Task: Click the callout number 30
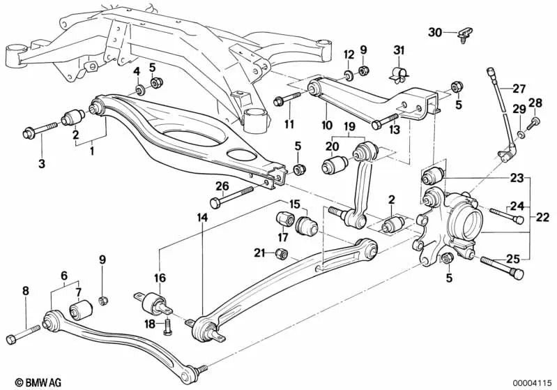point(435,32)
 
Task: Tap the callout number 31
point(398,50)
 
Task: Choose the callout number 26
point(222,186)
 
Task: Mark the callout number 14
point(202,217)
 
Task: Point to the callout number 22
point(542,217)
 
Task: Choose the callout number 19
point(349,126)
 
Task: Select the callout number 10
point(326,126)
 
